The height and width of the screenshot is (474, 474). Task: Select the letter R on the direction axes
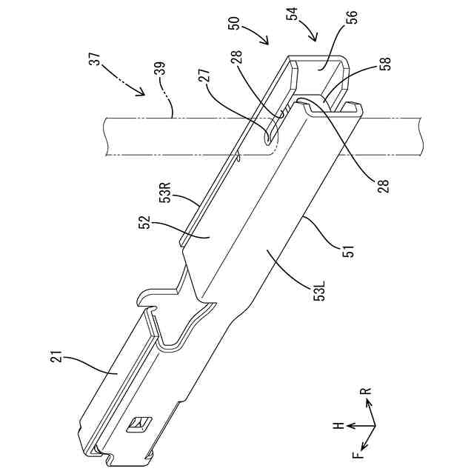tap(367, 390)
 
